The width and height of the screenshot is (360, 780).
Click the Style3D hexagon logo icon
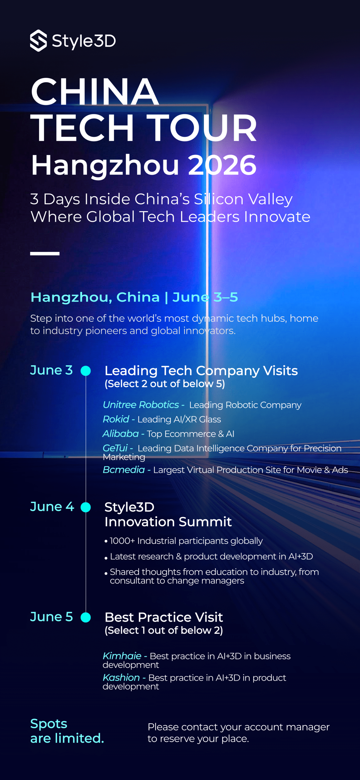tap(38, 41)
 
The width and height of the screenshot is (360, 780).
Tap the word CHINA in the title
tap(95, 91)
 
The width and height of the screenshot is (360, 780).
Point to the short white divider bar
tap(45, 253)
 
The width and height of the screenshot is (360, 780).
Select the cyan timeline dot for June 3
tap(86, 371)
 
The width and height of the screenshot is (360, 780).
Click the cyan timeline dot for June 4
tap(86, 507)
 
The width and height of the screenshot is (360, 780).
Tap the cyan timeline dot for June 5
tap(86, 617)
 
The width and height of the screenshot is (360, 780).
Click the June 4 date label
tap(52, 507)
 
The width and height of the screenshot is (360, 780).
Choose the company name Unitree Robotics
tap(141, 405)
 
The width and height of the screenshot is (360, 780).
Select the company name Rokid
tap(116, 419)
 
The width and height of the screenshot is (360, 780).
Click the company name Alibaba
tap(121, 434)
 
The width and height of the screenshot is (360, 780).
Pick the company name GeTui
tap(115, 448)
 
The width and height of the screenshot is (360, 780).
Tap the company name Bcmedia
tap(124, 470)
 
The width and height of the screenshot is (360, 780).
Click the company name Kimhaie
tap(122, 656)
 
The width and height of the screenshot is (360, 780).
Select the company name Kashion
tap(121, 677)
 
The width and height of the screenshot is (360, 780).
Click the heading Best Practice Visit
tap(164, 617)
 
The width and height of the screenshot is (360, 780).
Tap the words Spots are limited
tap(67, 731)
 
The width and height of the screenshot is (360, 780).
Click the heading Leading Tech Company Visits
tap(201, 371)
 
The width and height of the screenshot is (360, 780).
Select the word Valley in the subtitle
tap(270, 199)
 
